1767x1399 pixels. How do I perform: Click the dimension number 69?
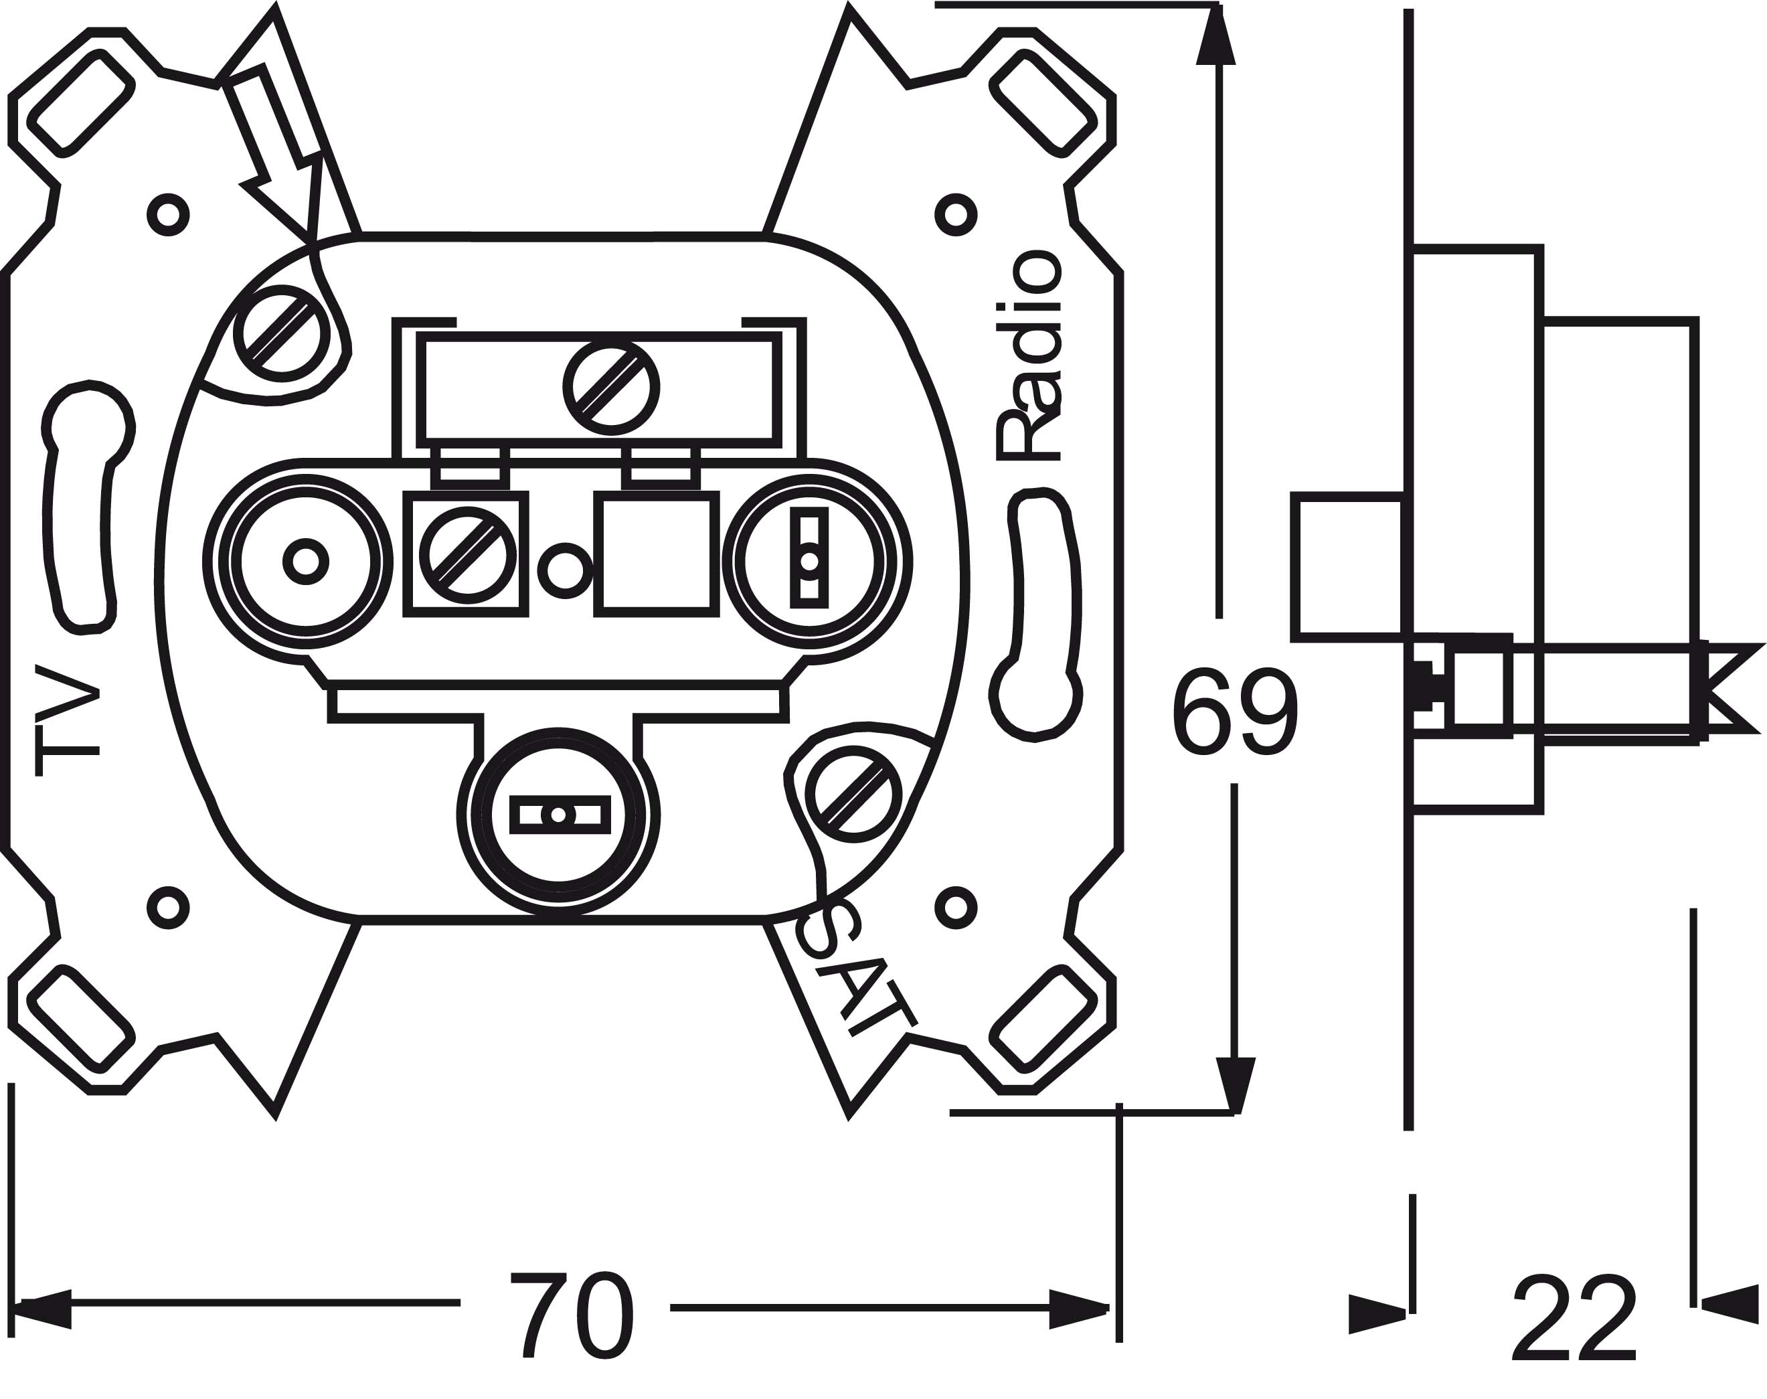1235,713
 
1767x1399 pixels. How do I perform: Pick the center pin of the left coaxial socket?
305,562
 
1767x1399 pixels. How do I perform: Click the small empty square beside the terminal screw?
656,553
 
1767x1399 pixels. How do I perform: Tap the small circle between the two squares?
564,569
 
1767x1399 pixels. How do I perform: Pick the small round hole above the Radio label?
954,216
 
